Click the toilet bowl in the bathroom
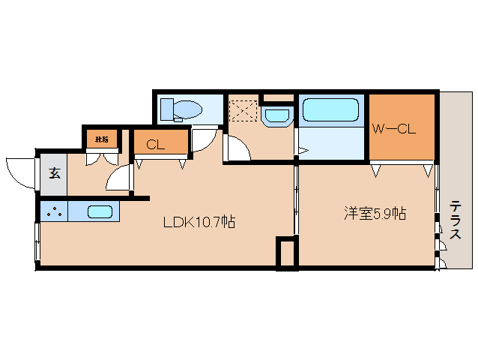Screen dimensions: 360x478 (188, 109)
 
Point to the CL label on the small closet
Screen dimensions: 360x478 (155, 144)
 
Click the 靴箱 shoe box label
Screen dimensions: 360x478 (101, 139)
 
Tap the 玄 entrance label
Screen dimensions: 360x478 (55, 174)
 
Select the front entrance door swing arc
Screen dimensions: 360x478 (20, 171)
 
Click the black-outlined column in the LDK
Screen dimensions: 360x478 (285, 253)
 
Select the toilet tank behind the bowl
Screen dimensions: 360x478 (168, 109)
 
